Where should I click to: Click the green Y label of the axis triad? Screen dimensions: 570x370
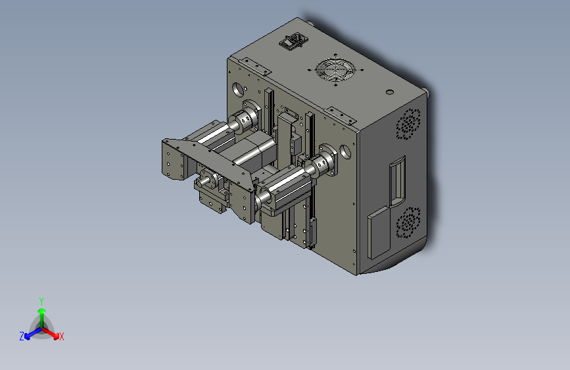pyautogui.click(x=41, y=301)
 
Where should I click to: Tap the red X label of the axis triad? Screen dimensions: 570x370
pyautogui.click(x=61, y=336)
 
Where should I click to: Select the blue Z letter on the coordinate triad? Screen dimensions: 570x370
pyautogui.click(x=22, y=336)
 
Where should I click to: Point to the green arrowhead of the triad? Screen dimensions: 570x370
pyautogui.click(x=42, y=311)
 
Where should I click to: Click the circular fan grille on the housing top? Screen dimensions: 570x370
pyautogui.click(x=335, y=70)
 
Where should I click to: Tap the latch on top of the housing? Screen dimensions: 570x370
pyautogui.click(x=293, y=41)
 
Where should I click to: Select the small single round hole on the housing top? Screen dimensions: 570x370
pyautogui.click(x=390, y=92)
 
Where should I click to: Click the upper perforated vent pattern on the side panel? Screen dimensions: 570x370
pyautogui.click(x=408, y=124)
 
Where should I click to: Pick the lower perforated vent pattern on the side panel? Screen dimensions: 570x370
pyautogui.click(x=408, y=223)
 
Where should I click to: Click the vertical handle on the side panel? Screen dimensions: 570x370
pyautogui.click(x=397, y=181)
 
